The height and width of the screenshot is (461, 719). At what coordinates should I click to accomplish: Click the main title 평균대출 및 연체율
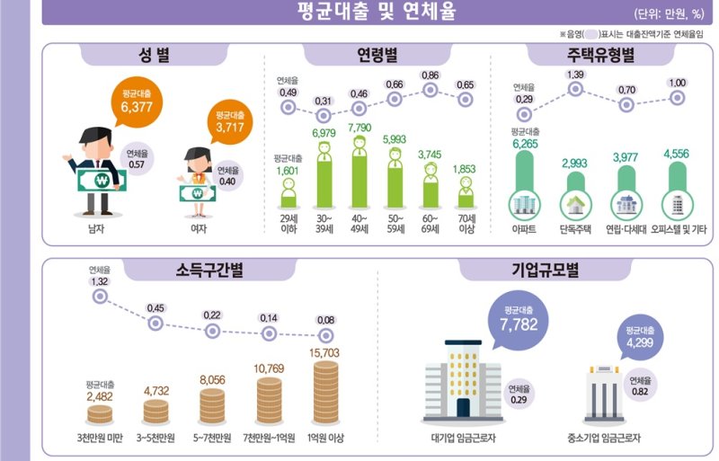tap(377, 12)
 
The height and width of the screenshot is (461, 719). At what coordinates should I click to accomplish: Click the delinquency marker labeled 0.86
tap(430, 90)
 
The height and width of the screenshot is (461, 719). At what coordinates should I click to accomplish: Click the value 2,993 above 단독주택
tap(573, 163)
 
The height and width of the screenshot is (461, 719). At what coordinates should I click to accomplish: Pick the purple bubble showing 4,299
tap(640, 336)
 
